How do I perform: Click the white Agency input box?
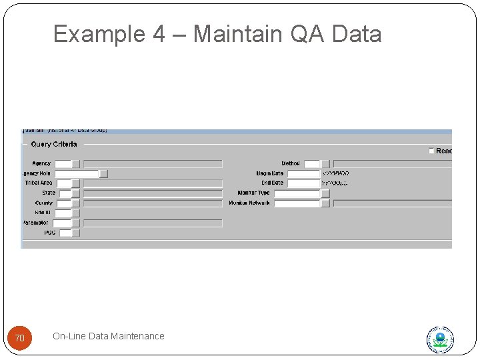click(x=63, y=163)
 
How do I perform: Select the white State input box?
click(x=65, y=193)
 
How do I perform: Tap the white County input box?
click(x=63, y=203)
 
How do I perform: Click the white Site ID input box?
click(x=63, y=213)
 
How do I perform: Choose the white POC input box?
click(x=65, y=233)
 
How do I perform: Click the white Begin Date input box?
click(x=303, y=173)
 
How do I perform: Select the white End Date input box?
click(x=303, y=183)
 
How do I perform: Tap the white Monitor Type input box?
click(x=297, y=193)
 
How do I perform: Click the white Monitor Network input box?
click(x=297, y=203)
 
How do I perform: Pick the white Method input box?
click(x=311, y=163)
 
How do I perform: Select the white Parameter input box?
click(x=61, y=223)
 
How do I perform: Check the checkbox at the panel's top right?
click(x=432, y=151)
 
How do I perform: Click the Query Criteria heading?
click(x=54, y=144)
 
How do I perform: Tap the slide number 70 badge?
click(x=19, y=339)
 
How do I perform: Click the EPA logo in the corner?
click(x=440, y=339)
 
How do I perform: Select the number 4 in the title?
click(x=158, y=33)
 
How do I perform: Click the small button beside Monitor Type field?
click(x=325, y=193)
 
